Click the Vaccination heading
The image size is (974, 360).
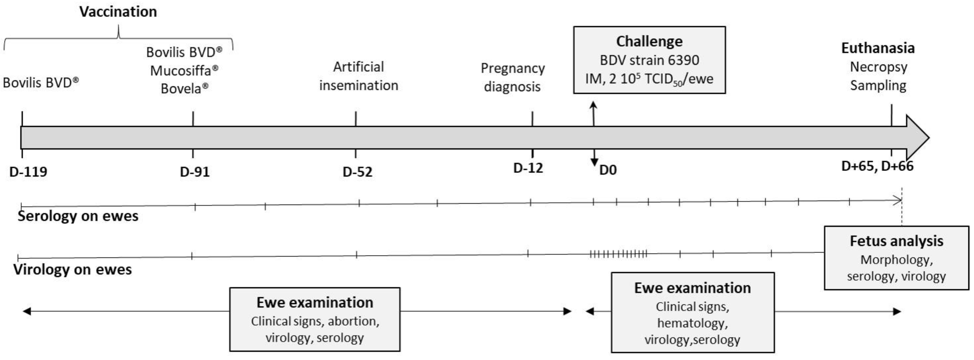(x=118, y=12)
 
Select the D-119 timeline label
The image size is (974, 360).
(x=28, y=172)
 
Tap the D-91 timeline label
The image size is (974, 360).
(x=195, y=172)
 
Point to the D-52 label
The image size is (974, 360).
(x=357, y=172)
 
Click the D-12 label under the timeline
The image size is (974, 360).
(x=528, y=167)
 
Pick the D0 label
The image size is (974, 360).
(x=608, y=170)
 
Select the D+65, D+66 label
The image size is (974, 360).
(x=877, y=166)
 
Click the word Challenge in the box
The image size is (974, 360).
(x=649, y=41)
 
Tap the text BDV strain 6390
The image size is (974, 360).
(x=649, y=60)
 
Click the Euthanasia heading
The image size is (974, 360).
(x=878, y=48)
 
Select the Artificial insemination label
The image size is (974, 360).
(x=359, y=76)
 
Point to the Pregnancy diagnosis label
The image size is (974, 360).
(x=513, y=77)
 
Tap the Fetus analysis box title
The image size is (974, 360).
(x=896, y=241)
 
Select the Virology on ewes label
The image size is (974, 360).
(x=73, y=269)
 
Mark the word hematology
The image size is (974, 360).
(x=692, y=323)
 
